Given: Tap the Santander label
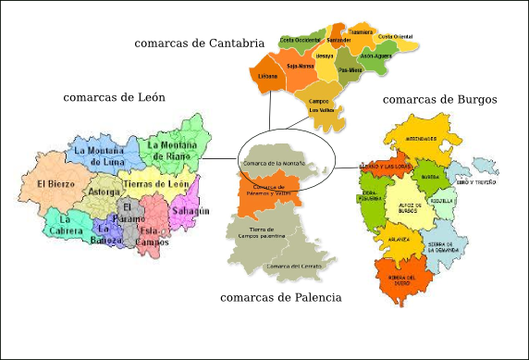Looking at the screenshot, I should coord(339,40).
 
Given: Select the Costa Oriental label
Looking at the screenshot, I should coord(396,36).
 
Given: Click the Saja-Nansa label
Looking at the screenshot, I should coord(301,66).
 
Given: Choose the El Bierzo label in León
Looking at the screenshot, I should coord(55,184).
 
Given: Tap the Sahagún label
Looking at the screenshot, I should coord(191,211).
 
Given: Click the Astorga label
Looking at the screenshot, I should coord(103,192).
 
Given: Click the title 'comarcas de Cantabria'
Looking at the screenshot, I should coord(199,43).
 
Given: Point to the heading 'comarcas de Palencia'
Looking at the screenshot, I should coord(281,298).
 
